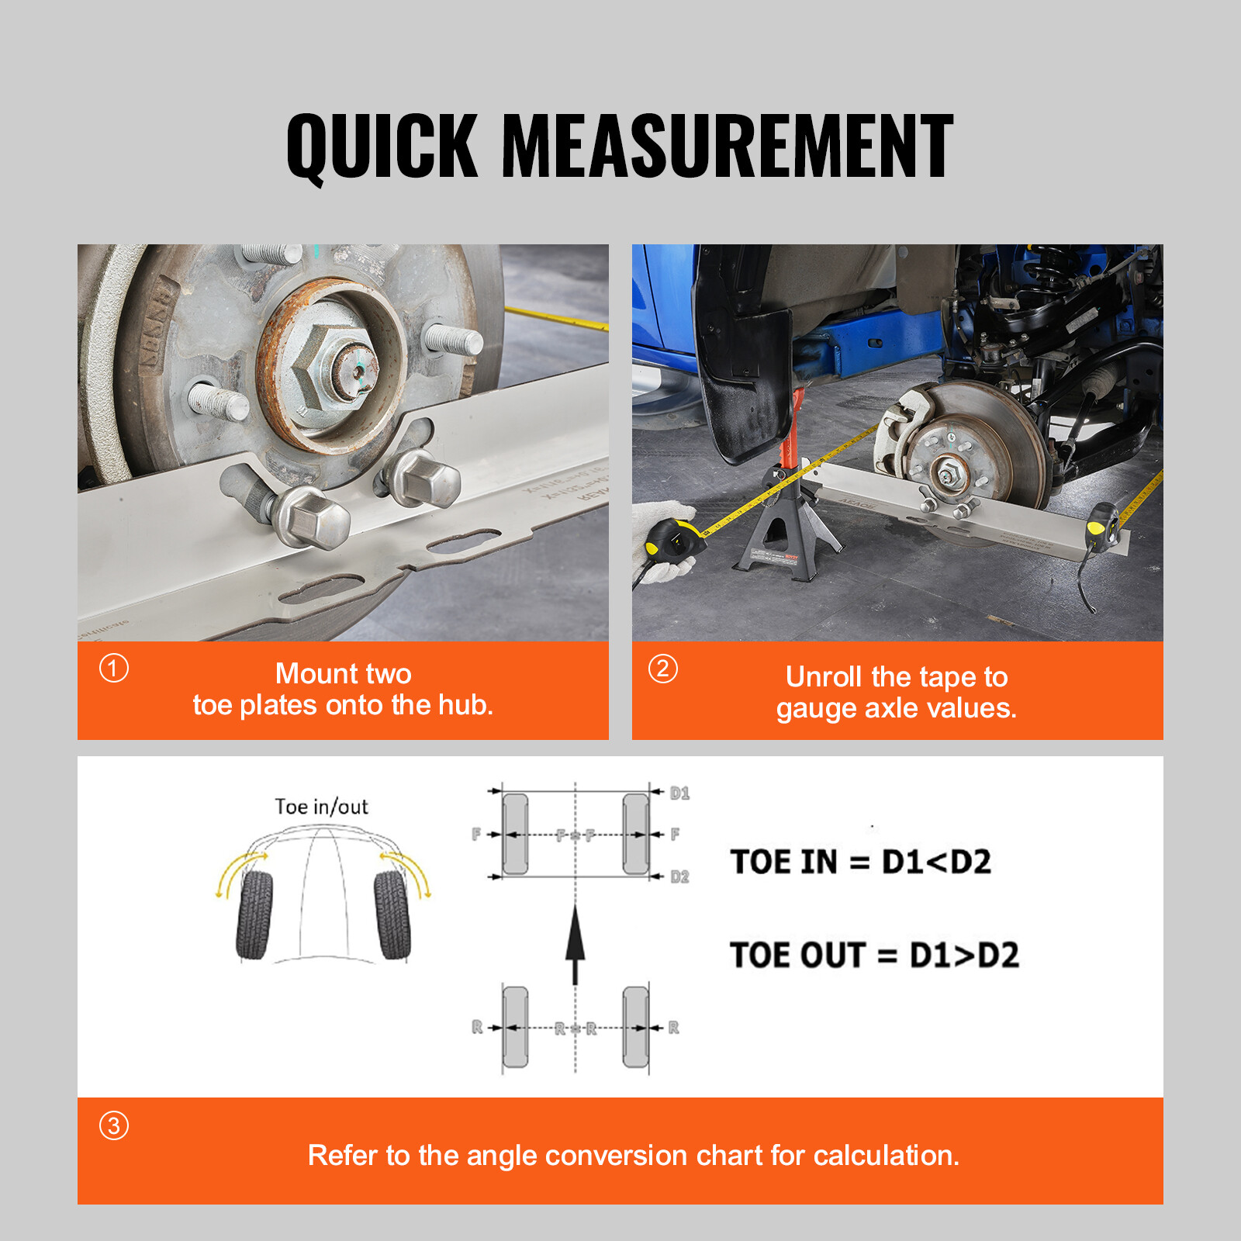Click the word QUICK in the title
click(382, 146)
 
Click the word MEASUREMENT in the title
click(728, 146)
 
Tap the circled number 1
click(114, 668)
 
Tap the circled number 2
click(662, 668)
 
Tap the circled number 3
click(114, 1125)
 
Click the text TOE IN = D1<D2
click(860, 862)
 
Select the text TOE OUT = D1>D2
click(874, 955)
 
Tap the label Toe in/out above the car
click(321, 807)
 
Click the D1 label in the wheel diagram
click(679, 793)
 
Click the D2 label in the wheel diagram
click(679, 876)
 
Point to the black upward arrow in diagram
click(575, 942)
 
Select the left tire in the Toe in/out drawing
click(255, 915)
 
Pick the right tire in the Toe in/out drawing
click(392, 915)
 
